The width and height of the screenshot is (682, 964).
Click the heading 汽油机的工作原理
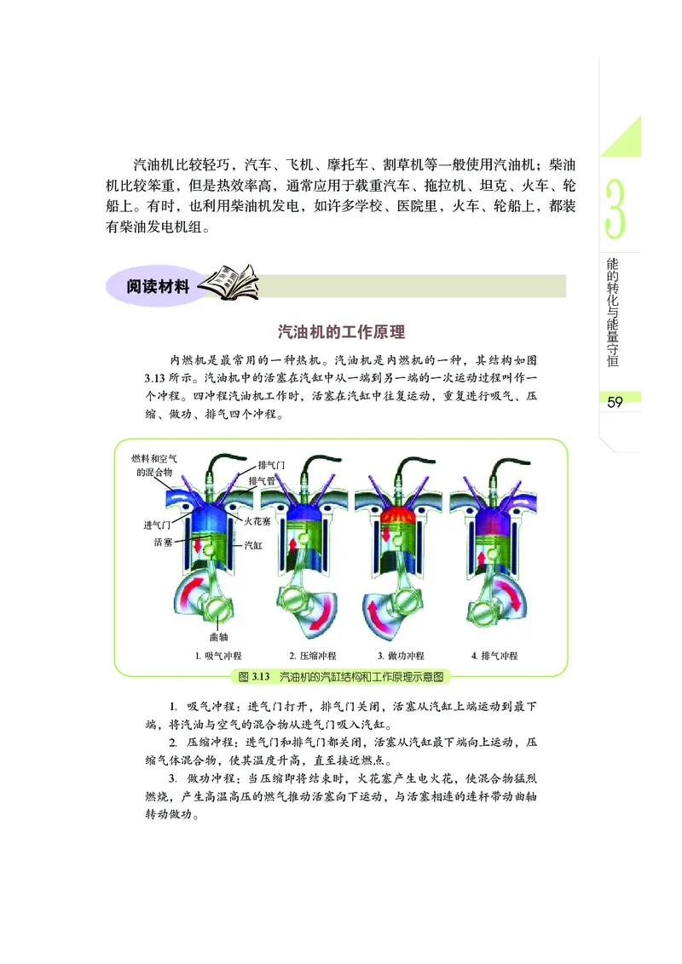click(x=341, y=332)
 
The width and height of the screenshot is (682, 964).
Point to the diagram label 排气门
click(x=271, y=465)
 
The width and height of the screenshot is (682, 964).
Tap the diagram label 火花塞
click(x=258, y=521)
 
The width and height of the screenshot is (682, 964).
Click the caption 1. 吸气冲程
click(x=218, y=656)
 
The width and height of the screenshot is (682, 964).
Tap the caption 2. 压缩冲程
click(x=312, y=656)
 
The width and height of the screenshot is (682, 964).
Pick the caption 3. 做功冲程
click(x=401, y=656)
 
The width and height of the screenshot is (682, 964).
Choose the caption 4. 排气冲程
click(x=494, y=656)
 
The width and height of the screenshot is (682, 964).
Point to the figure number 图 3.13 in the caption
click(x=255, y=677)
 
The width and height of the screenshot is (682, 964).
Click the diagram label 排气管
click(x=261, y=481)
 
